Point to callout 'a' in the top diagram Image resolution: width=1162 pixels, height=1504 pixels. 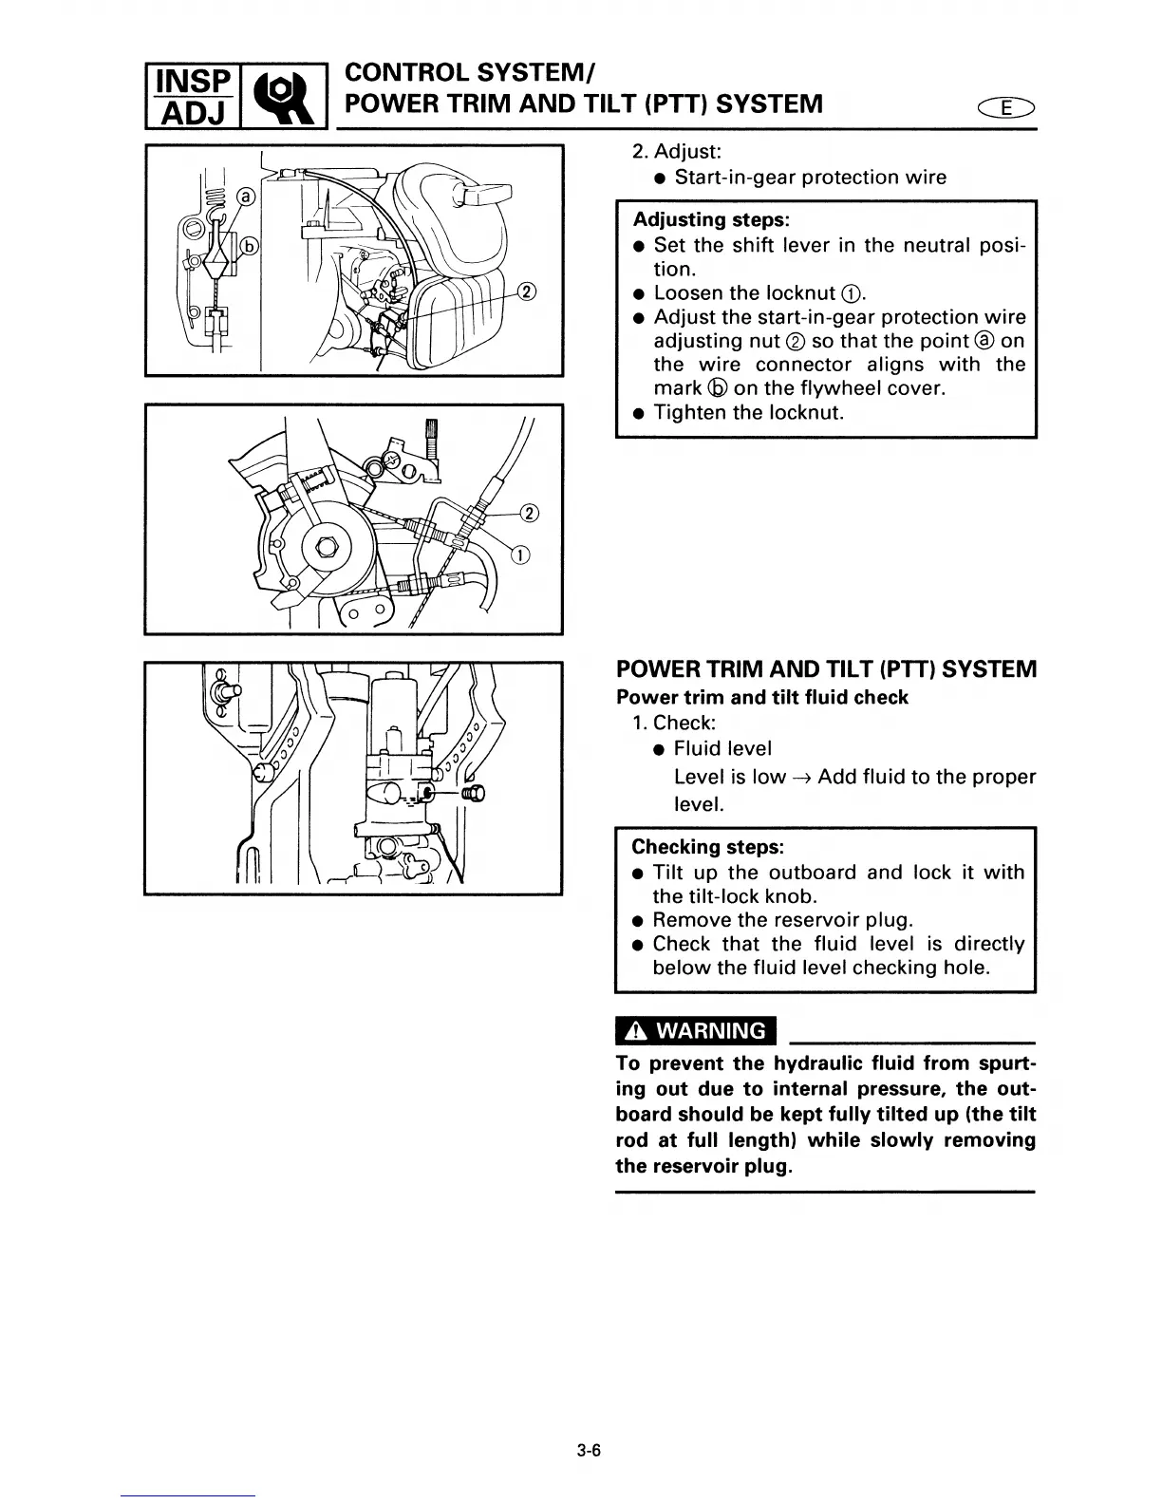[246, 197]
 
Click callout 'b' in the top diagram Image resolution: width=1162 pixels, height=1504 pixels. [250, 246]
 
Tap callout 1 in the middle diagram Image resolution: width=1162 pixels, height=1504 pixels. [520, 555]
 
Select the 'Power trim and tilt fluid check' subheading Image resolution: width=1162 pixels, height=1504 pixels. [761, 698]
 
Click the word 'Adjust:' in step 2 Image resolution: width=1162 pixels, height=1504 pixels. [689, 152]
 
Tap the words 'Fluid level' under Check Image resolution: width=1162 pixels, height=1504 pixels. [722, 749]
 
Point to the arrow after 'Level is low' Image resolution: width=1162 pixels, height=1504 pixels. [801, 778]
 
